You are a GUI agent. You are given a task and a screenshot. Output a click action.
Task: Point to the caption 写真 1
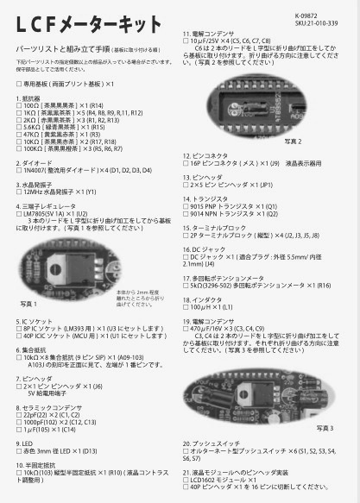point(32,304)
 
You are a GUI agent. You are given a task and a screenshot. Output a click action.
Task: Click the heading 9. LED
point(28,441)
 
